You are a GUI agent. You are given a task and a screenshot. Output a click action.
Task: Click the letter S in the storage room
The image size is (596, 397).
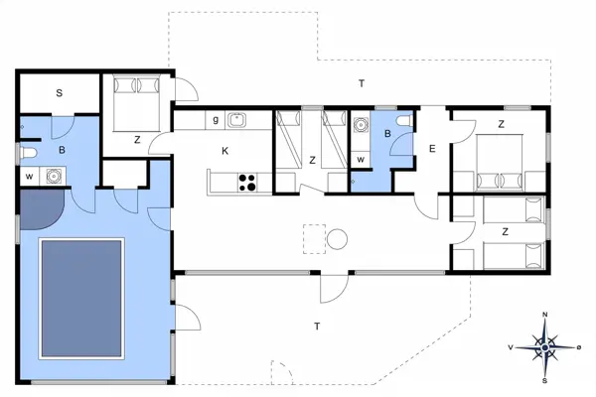60,93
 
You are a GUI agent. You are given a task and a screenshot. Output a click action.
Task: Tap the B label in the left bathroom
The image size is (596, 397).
62,151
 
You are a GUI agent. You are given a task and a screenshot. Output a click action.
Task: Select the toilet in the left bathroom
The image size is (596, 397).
28,152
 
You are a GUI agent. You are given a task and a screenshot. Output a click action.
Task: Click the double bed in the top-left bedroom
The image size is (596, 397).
134,100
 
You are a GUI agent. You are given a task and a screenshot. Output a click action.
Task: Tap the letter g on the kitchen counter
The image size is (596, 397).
216,120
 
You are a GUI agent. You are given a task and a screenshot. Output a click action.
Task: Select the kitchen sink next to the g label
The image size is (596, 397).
236,120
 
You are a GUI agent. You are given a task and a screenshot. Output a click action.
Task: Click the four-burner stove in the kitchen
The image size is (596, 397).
245,182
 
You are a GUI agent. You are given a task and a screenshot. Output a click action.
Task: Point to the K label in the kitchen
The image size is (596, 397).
225,151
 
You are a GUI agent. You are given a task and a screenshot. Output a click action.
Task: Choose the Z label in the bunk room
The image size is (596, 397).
312,160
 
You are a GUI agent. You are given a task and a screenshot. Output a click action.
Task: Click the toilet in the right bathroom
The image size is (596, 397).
401,121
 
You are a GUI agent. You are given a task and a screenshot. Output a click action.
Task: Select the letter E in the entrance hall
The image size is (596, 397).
432,149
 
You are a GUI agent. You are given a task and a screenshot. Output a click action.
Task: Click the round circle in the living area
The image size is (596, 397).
338,239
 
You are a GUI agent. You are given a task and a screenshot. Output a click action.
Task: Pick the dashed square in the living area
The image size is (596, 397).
315,239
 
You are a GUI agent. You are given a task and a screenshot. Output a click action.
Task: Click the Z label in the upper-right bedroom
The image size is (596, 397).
501,124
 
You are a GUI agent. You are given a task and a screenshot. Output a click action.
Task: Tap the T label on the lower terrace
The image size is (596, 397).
317,326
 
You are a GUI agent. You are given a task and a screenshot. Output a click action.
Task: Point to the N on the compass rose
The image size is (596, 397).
545,315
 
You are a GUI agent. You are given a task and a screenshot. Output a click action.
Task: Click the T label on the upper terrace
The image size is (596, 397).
361,83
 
